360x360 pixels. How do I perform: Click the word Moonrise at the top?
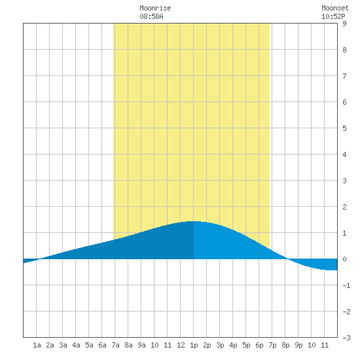pos(155,8)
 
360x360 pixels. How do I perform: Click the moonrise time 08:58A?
pos(152,16)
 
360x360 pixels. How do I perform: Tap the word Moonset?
pos(335,8)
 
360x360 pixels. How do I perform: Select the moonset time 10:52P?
pos(333,16)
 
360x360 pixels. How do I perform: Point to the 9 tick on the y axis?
pos(344,24)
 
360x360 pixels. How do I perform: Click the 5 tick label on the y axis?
pos(344,128)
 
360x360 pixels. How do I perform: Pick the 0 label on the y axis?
pos(344,259)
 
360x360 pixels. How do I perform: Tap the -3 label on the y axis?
pos(346,338)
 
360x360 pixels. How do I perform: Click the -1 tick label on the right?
pos(346,285)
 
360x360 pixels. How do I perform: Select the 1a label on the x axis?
pos(37,345)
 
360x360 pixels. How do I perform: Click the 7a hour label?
pos(115,345)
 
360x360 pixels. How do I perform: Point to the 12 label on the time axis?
pos(181,345)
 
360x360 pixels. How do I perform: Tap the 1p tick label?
pos(194,346)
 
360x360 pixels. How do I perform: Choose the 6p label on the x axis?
pos(259,346)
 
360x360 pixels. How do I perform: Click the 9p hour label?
pos(298,346)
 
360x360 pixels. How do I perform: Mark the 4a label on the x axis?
pos(76,345)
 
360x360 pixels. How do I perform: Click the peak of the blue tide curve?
pos(194,221)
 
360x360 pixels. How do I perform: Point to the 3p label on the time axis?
pos(220,346)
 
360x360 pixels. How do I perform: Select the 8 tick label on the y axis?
pos(344,50)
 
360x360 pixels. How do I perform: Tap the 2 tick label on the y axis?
pos(344,207)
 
